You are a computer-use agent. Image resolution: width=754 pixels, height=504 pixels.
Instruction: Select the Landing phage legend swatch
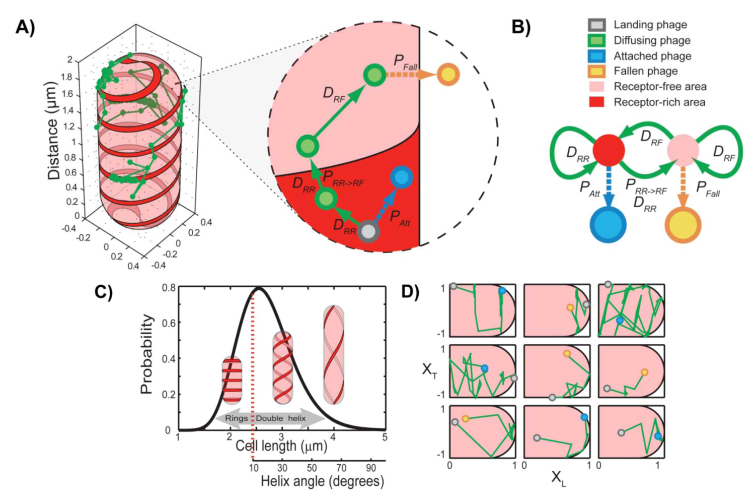click(596, 25)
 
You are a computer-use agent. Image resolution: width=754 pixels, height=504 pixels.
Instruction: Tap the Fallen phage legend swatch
click(596, 72)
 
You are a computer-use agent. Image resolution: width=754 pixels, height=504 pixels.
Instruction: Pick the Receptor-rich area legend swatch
click(596, 102)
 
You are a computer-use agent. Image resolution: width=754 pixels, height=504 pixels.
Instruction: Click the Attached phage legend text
click(652, 56)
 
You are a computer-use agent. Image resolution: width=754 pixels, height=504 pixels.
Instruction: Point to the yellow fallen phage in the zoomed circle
click(448, 75)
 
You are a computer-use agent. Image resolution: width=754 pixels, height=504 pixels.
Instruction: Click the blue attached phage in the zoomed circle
click(401, 177)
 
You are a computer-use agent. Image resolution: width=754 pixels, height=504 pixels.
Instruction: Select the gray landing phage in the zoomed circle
click(369, 231)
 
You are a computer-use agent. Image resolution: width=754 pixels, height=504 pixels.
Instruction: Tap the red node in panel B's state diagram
click(609, 150)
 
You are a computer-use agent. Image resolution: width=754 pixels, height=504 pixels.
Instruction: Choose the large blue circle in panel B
click(608, 224)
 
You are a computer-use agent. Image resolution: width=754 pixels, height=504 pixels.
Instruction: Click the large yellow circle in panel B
click(683, 224)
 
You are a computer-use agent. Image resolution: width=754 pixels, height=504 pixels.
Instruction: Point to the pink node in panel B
click(683, 150)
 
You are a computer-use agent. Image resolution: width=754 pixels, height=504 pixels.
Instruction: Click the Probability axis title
click(146, 354)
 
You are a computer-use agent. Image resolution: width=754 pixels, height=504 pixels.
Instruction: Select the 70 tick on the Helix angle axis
click(342, 468)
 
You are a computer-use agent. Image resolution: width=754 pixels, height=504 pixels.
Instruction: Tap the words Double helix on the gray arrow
click(280, 418)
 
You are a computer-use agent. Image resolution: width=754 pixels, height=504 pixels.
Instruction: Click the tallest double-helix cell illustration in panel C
click(333, 354)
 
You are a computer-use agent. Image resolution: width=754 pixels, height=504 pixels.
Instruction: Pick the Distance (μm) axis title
click(53, 130)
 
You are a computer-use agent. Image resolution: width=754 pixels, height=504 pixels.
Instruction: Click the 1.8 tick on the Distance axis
click(67, 77)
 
